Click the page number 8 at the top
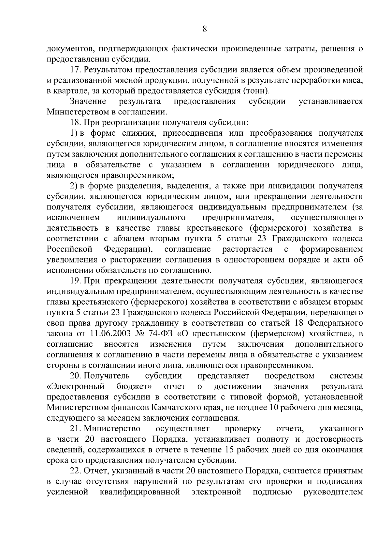(205, 29)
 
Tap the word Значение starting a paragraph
(88, 101)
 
